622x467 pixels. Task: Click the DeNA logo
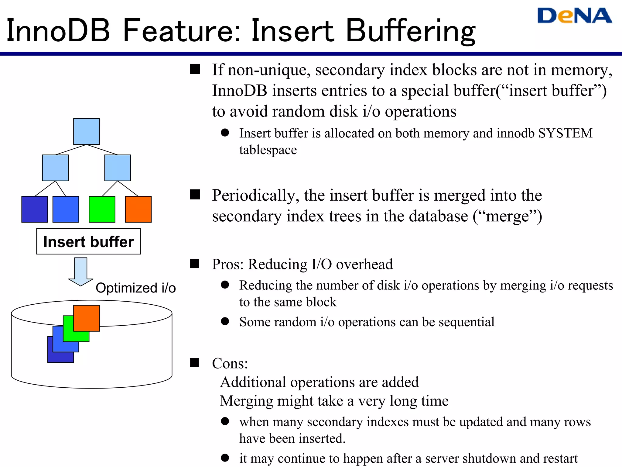pos(574,16)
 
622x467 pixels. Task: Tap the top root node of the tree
pos(87,131)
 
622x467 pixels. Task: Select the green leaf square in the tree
pos(102,209)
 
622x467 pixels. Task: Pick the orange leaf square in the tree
pos(138,209)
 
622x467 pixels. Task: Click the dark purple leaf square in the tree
pos(35,209)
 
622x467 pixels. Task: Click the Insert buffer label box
pos(88,241)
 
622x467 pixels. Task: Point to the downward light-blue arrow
pos(81,272)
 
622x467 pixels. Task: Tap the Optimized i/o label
pos(135,288)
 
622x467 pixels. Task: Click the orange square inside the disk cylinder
pos(87,318)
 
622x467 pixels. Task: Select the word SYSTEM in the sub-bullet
pos(565,133)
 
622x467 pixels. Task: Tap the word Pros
pos(227,264)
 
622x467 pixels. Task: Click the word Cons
pos(229,363)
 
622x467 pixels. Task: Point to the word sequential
pos(466,322)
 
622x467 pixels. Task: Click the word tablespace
pos(268,150)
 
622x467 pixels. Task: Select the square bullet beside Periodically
pos(195,195)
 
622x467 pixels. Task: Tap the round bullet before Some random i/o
pos(225,321)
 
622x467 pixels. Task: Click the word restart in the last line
pos(560,458)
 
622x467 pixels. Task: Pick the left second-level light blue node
pos(55,168)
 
